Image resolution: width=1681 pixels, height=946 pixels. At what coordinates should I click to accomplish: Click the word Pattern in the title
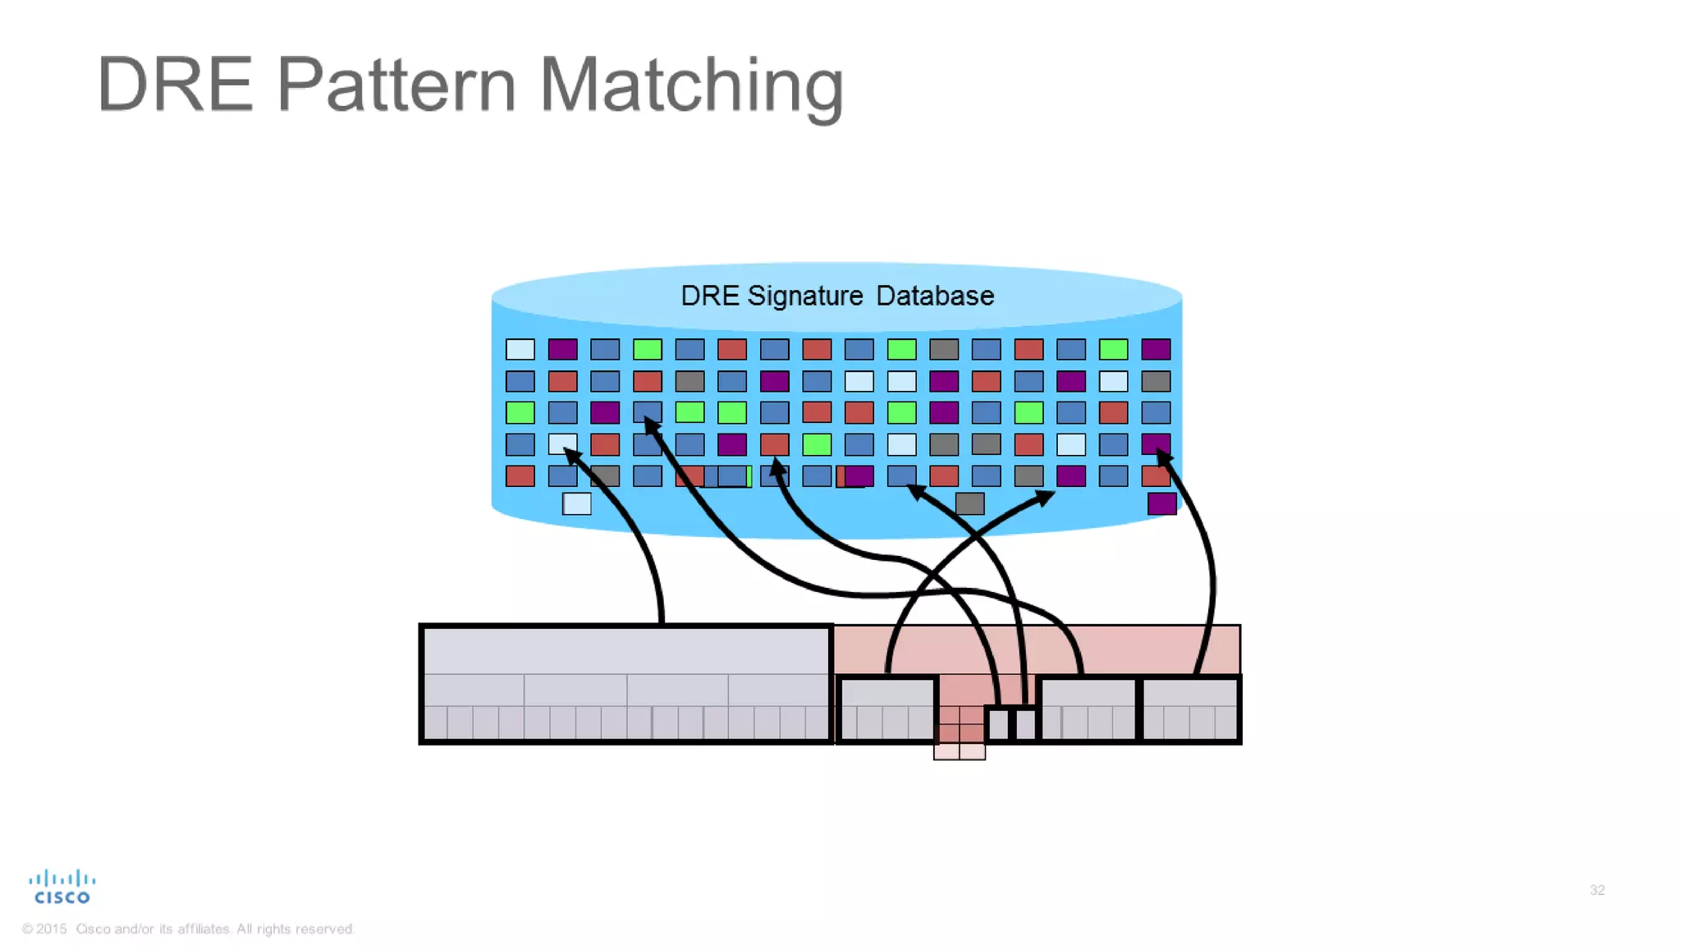(396, 85)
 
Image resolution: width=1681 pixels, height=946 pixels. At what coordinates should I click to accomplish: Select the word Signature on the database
(804, 296)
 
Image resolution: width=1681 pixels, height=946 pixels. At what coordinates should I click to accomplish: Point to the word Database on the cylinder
(935, 296)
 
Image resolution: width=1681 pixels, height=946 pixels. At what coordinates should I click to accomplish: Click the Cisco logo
(62, 887)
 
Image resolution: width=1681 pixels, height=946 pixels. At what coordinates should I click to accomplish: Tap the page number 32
(1596, 890)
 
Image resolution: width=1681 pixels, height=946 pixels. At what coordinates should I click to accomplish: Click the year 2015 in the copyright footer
(51, 929)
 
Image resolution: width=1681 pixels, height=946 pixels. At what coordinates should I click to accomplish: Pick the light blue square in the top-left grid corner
(520, 350)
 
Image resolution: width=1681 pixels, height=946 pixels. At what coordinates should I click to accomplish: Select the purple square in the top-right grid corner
(1156, 350)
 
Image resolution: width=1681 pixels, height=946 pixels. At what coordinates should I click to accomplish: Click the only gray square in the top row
(944, 350)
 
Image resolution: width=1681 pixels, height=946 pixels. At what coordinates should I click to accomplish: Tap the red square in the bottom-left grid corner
(520, 476)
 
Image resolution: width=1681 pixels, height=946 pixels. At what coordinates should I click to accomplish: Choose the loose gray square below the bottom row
(969, 503)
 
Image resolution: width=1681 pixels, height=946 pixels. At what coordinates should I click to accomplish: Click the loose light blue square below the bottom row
(576, 503)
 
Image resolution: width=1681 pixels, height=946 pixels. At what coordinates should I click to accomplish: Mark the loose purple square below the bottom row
(1161, 503)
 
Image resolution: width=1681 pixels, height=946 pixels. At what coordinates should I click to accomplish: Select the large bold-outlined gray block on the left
(625, 683)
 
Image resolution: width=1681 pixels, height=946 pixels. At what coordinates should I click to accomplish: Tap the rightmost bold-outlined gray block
(1190, 709)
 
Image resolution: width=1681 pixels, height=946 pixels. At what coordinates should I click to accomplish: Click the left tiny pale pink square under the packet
(946, 751)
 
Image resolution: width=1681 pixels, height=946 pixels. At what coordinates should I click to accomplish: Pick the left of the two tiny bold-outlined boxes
(998, 724)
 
